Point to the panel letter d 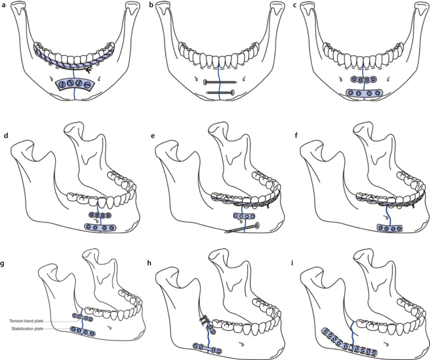5,135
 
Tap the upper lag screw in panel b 218,82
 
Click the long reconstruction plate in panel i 353,342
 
